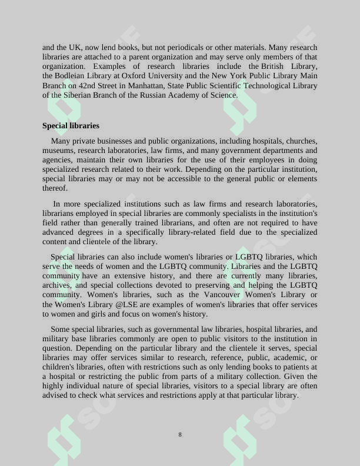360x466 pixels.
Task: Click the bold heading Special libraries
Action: pyautogui.click(x=71, y=126)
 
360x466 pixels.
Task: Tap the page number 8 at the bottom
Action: pyautogui.click(x=180, y=435)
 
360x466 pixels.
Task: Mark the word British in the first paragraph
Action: pyautogui.click(x=272, y=66)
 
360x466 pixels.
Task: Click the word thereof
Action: pyautogui.click(x=55, y=188)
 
